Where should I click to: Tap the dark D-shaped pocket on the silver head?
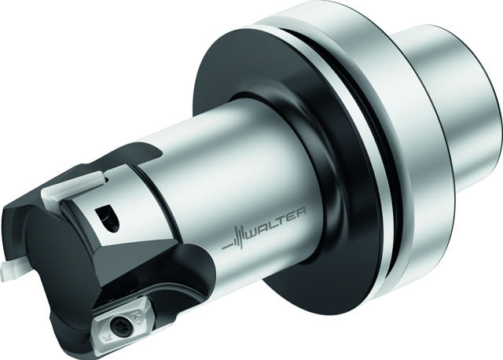108,218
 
